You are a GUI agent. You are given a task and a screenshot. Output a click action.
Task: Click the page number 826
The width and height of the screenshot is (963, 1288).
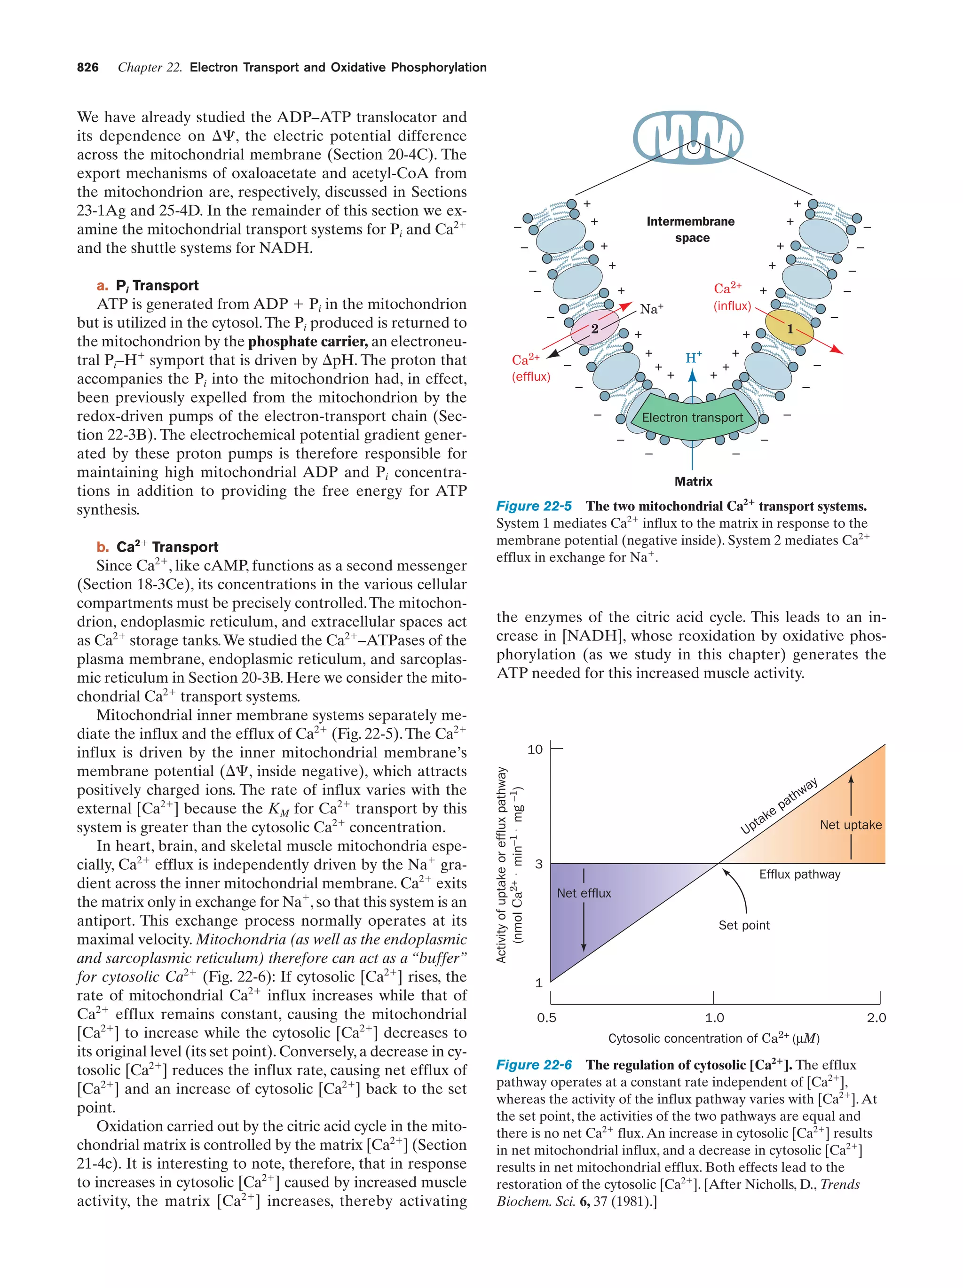pos(87,68)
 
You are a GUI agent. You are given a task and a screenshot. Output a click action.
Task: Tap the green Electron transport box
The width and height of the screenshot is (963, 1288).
pos(692,417)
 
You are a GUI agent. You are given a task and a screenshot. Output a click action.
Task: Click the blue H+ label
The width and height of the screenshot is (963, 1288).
pos(693,358)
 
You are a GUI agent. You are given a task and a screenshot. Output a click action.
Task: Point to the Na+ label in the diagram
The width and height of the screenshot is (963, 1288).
pos(651,309)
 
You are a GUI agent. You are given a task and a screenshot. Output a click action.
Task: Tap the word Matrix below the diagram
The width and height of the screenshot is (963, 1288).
pos(693,482)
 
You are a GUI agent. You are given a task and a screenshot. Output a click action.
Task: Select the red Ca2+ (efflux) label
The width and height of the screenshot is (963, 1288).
pos(529,367)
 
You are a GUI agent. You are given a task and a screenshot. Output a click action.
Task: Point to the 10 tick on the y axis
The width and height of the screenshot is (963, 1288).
pos(534,749)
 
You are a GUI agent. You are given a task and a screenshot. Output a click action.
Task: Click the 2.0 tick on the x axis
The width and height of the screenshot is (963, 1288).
pos(876,1018)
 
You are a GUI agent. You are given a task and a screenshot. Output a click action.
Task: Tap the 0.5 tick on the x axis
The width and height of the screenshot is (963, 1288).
pos(546,1018)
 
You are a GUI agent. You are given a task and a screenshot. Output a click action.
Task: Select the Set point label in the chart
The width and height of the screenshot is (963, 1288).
pos(743,925)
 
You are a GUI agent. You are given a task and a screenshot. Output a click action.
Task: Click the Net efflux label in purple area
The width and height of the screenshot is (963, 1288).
pos(583,893)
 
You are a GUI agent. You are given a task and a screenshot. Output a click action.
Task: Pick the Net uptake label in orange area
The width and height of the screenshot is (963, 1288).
pos(850,825)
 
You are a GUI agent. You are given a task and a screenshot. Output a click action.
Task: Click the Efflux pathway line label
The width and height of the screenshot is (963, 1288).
pos(799,874)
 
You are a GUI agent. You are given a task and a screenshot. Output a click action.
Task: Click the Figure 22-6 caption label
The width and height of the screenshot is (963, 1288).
pos(534,1065)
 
